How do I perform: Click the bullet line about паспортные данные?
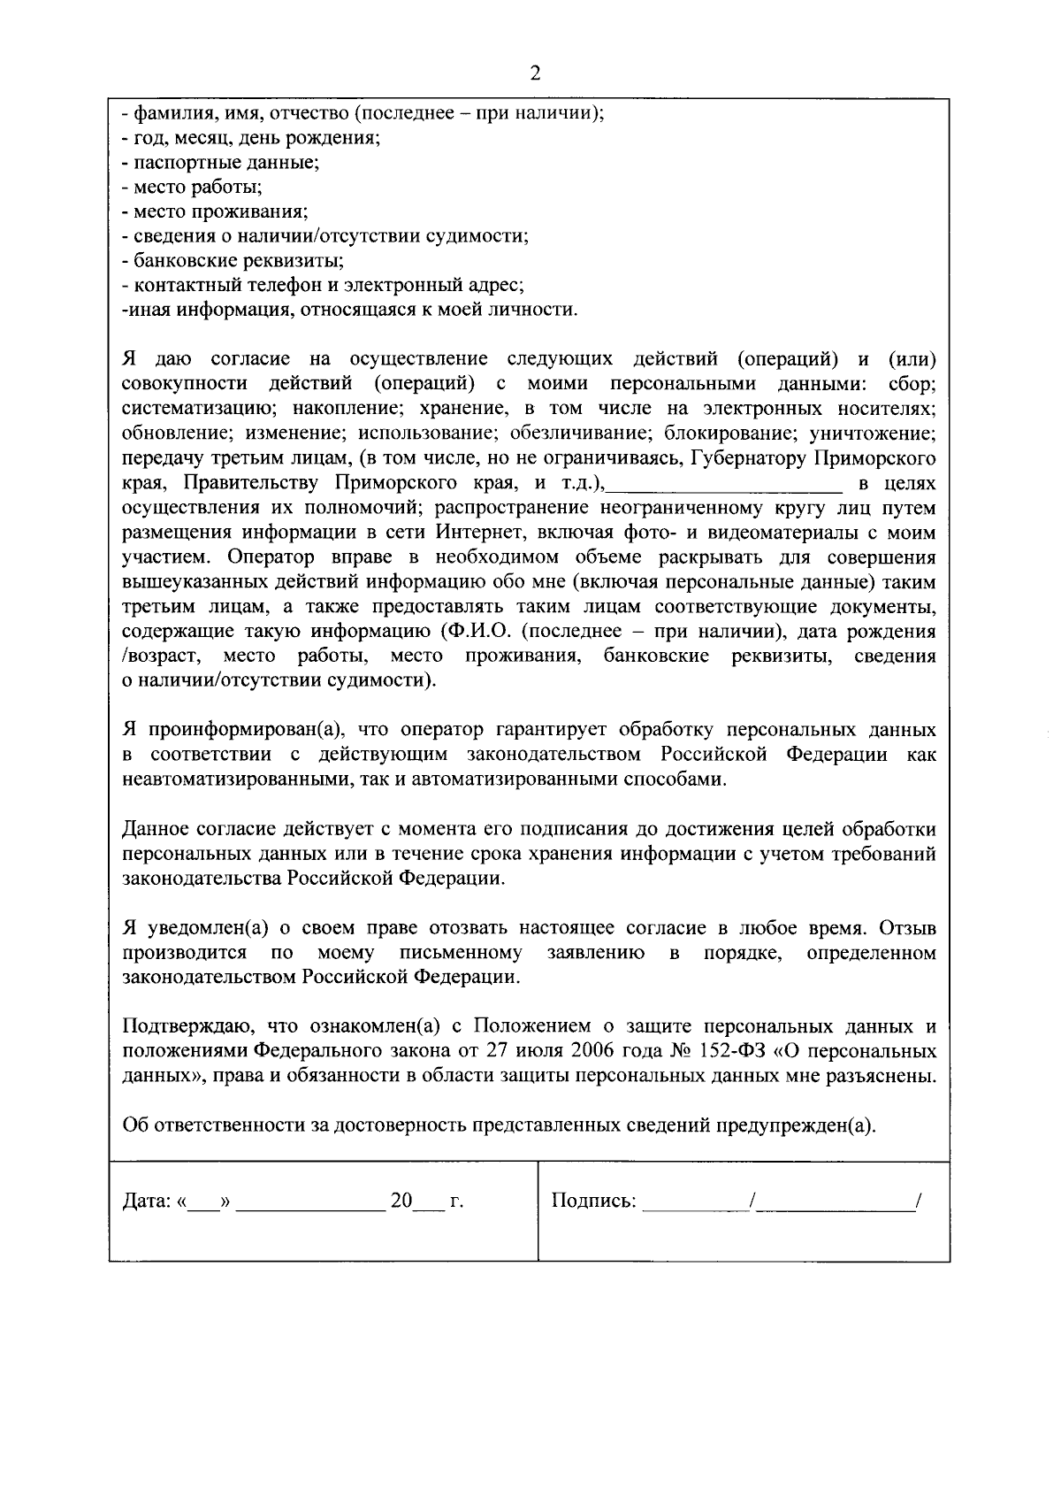point(220,163)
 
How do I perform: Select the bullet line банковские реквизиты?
point(233,261)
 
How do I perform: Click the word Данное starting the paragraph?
point(154,830)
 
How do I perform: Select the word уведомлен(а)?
point(207,929)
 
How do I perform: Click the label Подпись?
point(593,1201)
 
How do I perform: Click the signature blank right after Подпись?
point(693,1203)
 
